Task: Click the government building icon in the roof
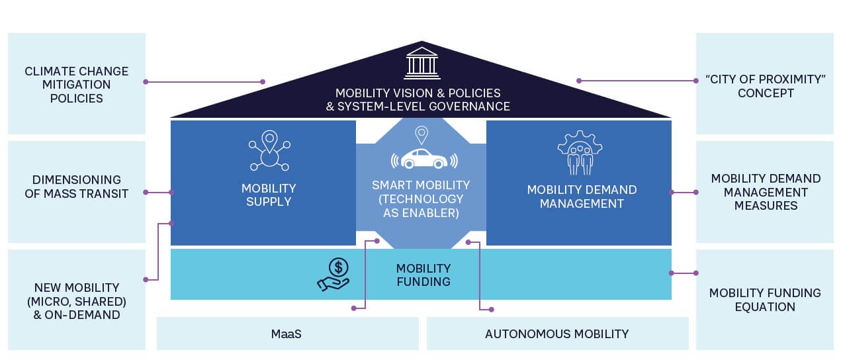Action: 422,63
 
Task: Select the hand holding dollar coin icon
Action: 333,274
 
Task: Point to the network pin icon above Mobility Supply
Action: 269,151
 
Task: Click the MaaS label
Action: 287,334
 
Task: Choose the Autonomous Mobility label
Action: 556,334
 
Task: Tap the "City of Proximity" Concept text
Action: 766,86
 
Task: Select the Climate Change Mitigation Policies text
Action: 77,85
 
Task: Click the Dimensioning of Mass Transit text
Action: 77,187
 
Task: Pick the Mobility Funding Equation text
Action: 765,300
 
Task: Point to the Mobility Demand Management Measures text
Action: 766,192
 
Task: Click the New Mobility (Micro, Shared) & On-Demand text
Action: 77,301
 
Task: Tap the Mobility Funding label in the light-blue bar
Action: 423,275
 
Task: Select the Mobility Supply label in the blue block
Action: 269,195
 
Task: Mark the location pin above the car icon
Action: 420,135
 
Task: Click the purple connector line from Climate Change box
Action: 205,82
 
